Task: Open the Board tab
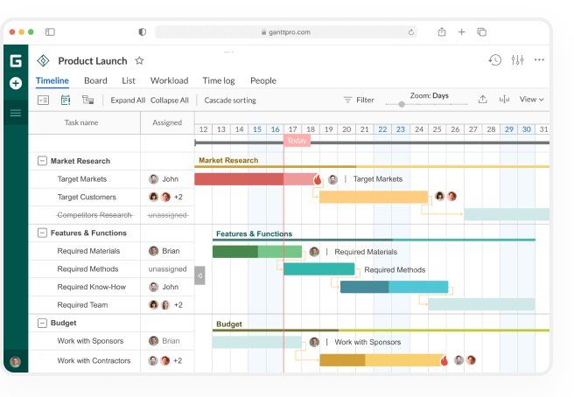point(95,81)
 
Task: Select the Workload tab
point(169,81)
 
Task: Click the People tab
point(262,81)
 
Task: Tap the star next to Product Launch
point(139,61)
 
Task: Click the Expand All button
point(128,101)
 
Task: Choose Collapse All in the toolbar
point(169,101)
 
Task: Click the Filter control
point(359,101)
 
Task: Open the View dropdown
point(531,100)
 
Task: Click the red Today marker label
point(297,141)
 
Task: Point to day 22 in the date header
point(382,129)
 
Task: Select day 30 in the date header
point(526,129)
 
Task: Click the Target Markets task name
point(82,179)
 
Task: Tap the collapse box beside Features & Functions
point(42,233)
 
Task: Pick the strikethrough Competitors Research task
point(94,215)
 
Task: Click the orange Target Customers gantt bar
point(374,197)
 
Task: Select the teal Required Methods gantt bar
point(318,269)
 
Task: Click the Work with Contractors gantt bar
point(381,360)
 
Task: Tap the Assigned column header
point(167,123)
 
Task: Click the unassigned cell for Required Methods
point(167,269)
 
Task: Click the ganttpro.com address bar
point(286,32)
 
